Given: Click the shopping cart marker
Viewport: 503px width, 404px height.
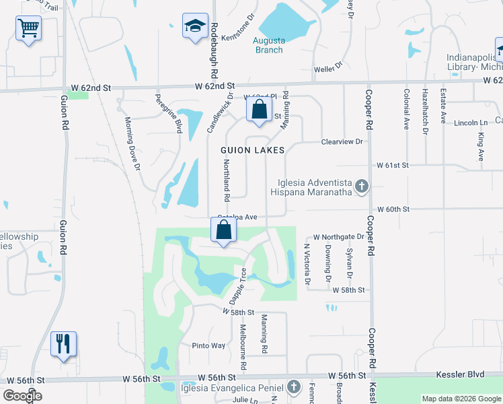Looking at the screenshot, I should (29, 29).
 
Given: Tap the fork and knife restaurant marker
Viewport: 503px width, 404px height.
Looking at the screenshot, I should (64, 344).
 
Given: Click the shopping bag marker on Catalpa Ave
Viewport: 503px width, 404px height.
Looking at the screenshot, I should (224, 230).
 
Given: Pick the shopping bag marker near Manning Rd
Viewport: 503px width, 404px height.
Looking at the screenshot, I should (259, 110).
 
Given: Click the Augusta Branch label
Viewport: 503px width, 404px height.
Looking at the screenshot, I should (268, 45).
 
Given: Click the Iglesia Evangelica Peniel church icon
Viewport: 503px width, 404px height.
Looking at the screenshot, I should (293, 386).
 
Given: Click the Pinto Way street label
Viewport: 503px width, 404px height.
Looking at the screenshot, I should (208, 345).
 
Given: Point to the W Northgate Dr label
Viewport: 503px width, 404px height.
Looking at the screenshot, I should (339, 237).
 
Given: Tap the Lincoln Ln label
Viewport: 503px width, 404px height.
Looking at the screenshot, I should (471, 123).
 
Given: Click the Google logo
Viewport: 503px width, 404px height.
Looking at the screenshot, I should (22, 396).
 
